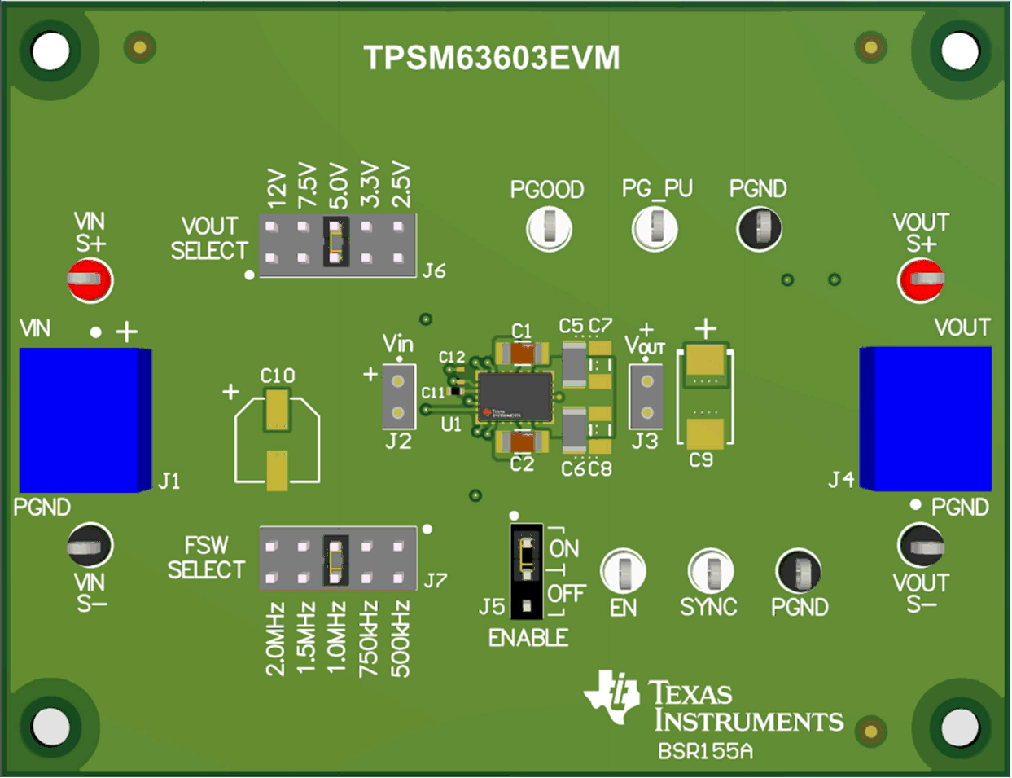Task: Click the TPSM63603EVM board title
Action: pyautogui.click(x=492, y=59)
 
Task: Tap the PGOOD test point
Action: pyautogui.click(x=549, y=229)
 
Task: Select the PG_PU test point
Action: pyautogui.click(x=655, y=229)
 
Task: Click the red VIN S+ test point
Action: pyautogui.click(x=90, y=279)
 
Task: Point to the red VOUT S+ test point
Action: pyautogui.click(x=921, y=279)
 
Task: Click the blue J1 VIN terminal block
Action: pyautogui.click(x=85, y=420)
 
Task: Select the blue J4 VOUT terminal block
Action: pyautogui.click(x=927, y=419)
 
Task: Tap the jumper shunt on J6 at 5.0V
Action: pyautogui.click(x=335, y=242)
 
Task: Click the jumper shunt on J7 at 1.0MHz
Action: pyautogui.click(x=335, y=560)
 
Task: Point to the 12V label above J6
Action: pyautogui.click(x=278, y=188)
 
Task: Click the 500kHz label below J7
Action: pyautogui.click(x=400, y=640)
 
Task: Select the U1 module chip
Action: pyautogui.click(x=515, y=397)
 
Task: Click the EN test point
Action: pyautogui.click(x=623, y=571)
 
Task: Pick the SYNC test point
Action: pyautogui.click(x=710, y=571)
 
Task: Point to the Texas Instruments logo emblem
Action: pyautogui.click(x=611, y=697)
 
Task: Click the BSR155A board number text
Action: pyautogui.click(x=705, y=751)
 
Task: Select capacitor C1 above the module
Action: pyautogui.click(x=522, y=353)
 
